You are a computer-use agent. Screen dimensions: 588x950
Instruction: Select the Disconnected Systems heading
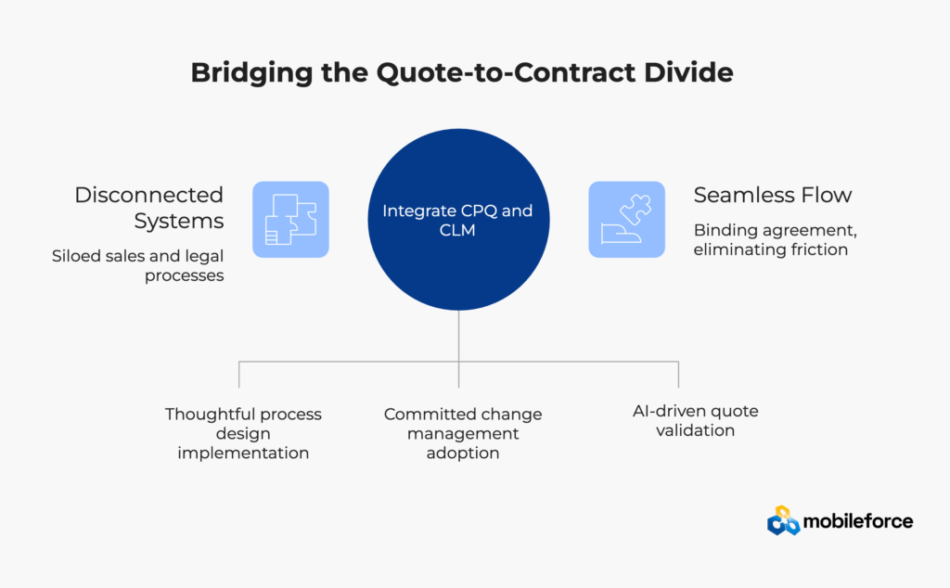pyautogui.click(x=149, y=208)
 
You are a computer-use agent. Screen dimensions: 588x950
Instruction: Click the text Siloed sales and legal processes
pyautogui.click(x=138, y=265)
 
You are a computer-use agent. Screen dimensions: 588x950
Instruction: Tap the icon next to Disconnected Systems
pyautogui.click(x=290, y=219)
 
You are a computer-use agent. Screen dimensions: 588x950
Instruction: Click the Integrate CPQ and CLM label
pyautogui.click(x=457, y=220)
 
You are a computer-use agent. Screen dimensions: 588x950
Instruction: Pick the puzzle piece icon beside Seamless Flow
pyautogui.click(x=626, y=219)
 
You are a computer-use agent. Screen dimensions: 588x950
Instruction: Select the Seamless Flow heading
pyautogui.click(x=773, y=196)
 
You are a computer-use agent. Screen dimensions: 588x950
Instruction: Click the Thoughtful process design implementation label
pyautogui.click(x=243, y=433)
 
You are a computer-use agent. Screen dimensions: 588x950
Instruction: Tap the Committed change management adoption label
pyautogui.click(x=463, y=433)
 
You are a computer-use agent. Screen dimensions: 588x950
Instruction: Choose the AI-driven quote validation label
pyautogui.click(x=695, y=420)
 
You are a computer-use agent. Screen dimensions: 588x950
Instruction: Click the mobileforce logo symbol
pyautogui.click(x=783, y=521)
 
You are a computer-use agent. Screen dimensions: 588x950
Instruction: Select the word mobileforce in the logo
pyautogui.click(x=858, y=521)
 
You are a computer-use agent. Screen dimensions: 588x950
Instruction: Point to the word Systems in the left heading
pyautogui.click(x=179, y=221)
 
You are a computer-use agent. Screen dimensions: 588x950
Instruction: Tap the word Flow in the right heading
pyautogui.click(x=828, y=196)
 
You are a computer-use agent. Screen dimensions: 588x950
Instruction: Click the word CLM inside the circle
pyautogui.click(x=457, y=230)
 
